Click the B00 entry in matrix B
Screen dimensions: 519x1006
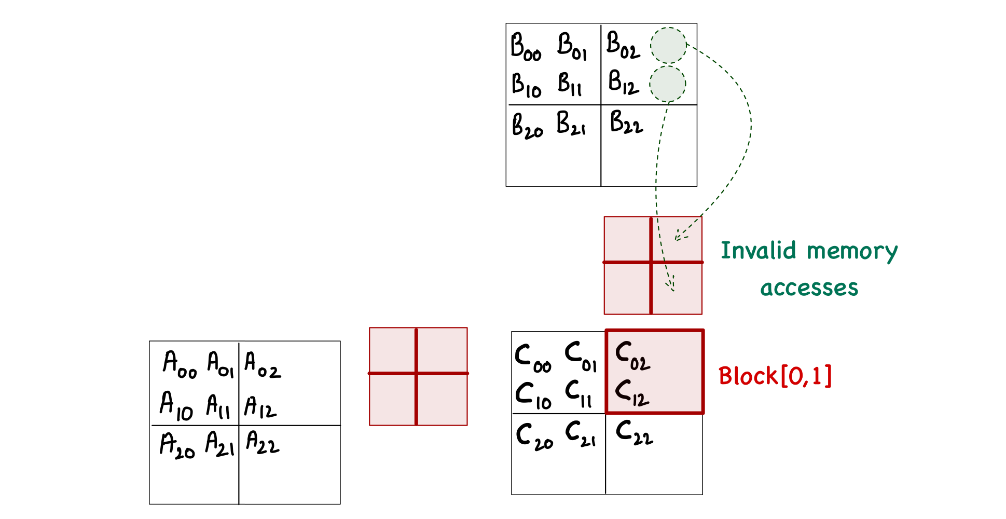[526, 47]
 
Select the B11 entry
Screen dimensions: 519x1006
[570, 84]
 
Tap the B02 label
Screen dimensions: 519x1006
[623, 45]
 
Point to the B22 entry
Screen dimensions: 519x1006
[626, 122]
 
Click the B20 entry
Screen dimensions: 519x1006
[527, 126]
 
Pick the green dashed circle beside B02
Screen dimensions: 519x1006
[668, 46]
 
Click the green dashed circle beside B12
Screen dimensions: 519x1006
[667, 84]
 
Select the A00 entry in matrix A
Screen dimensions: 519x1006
[180, 364]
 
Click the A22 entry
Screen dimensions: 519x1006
[263, 443]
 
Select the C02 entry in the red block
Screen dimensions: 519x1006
[632, 356]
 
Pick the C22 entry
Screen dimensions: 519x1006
[634, 433]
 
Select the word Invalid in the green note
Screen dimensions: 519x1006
[758, 251]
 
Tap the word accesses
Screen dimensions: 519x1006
[809, 288]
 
